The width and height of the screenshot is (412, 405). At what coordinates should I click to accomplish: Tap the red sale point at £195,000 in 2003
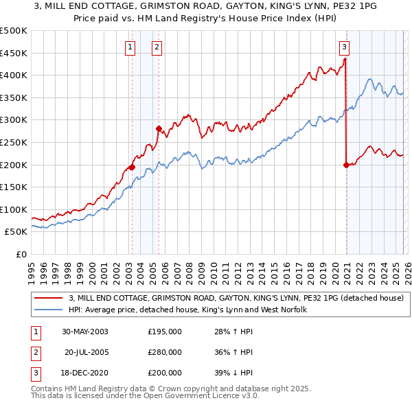click(132, 167)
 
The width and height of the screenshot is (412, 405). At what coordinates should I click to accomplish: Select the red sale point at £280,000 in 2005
click(159, 128)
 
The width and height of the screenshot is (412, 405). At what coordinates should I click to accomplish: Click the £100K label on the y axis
click(14, 209)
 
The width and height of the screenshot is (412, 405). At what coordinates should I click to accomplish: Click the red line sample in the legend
click(49, 298)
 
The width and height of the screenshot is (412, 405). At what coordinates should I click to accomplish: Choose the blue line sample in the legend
click(49, 310)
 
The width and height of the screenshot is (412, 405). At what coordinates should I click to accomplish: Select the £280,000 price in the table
click(164, 352)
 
